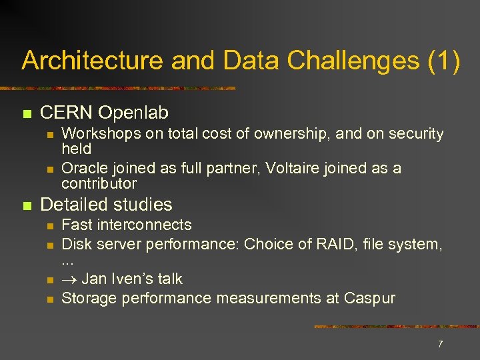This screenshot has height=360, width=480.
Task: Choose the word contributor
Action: [x=99, y=183]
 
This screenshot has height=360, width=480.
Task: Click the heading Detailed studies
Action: [x=106, y=205]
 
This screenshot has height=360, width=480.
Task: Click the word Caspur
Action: [x=369, y=298]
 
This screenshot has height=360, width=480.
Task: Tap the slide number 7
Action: [x=440, y=344]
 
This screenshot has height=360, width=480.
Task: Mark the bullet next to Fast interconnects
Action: [x=49, y=225]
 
